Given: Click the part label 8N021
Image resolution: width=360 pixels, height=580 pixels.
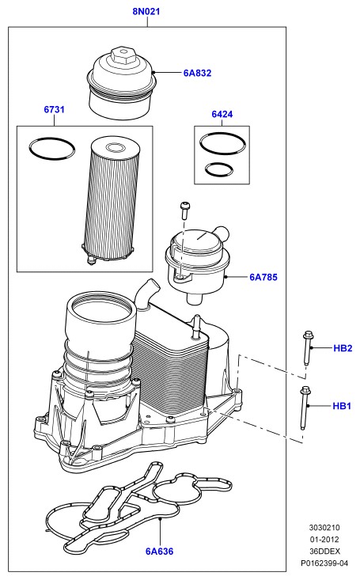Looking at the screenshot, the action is click(146, 11).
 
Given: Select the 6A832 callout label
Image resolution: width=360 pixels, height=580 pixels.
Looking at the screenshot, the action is click(197, 73).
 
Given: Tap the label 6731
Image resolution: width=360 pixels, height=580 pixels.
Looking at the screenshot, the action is click(54, 109).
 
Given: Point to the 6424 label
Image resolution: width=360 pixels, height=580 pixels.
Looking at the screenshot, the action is click(222, 114).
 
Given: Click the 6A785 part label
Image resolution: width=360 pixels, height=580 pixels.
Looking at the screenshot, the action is click(263, 277).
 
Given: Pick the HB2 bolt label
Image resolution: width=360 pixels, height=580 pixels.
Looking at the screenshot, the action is click(343, 348).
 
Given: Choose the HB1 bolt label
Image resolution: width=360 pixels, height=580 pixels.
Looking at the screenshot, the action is click(342, 406).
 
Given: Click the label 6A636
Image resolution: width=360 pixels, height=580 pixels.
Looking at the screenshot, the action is click(159, 552).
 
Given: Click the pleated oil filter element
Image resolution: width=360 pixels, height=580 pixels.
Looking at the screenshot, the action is click(110, 200).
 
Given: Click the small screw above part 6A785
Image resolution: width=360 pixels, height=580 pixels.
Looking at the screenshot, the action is click(184, 210).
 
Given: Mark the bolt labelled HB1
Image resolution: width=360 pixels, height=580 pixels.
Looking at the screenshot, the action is click(305, 408).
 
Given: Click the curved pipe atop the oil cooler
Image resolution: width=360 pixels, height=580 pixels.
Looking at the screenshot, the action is click(146, 294).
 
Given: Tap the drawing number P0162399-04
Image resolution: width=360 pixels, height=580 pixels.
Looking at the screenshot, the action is click(324, 563).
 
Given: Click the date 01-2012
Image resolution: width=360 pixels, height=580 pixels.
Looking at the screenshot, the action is click(324, 540).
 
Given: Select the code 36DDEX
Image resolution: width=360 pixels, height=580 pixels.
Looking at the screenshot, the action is click(324, 552).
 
